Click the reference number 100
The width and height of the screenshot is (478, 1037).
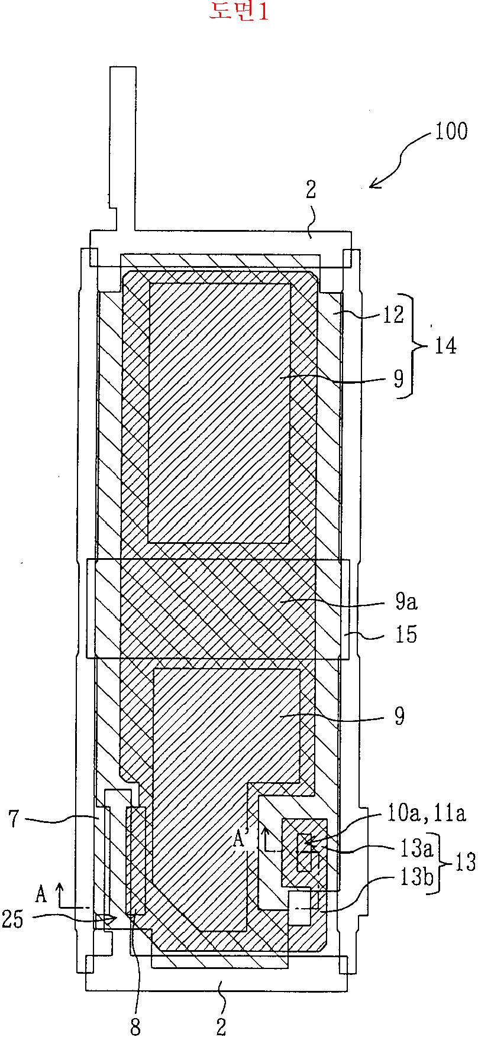[x=451, y=131]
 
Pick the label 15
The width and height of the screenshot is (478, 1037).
[x=405, y=634]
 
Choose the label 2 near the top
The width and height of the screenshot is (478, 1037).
[x=311, y=190]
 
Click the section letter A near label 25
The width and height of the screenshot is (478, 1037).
[x=41, y=895]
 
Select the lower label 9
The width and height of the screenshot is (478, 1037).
[x=400, y=716]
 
